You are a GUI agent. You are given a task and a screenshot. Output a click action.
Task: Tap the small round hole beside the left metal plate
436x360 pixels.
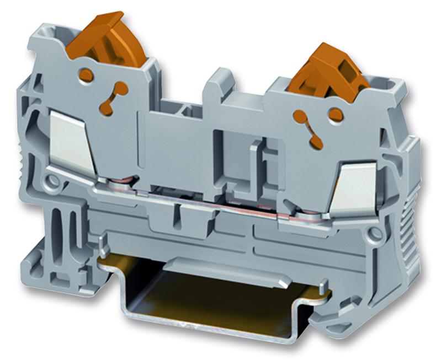[x=53, y=180]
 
